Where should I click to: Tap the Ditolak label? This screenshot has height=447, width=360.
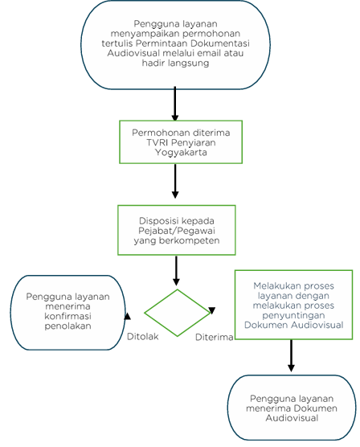(142, 336)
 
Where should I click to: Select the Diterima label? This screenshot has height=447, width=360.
(214, 337)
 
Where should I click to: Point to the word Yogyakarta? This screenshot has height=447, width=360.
(181, 153)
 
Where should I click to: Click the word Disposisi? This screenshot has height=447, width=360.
(159, 221)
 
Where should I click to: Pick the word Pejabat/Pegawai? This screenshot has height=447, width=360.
(177, 231)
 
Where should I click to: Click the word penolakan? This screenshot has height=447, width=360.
(67, 326)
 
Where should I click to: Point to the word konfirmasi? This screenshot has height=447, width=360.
(67, 316)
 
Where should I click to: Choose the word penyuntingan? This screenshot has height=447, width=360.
(293, 315)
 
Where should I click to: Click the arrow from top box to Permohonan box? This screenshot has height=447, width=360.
(175, 104)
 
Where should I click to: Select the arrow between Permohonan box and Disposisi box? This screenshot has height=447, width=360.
(175, 181)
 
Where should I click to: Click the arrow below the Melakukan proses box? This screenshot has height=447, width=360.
(291, 355)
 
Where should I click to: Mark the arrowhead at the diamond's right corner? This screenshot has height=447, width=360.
(212, 310)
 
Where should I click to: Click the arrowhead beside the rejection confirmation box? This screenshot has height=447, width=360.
(128, 316)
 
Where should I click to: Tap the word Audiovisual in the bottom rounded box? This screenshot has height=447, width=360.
(292, 418)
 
